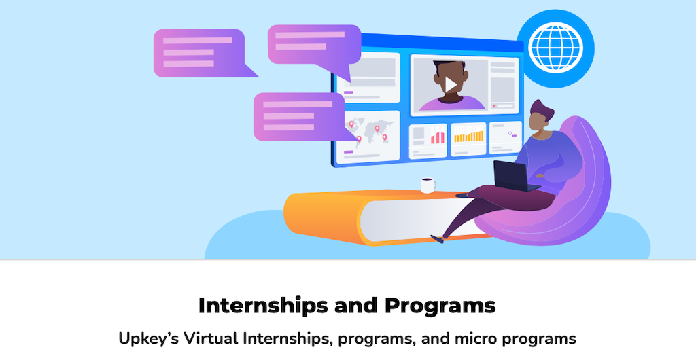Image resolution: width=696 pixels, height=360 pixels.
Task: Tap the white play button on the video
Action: point(451,84)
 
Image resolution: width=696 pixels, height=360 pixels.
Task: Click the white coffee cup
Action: point(428,185)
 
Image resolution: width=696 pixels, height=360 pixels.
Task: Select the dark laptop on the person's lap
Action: point(515,176)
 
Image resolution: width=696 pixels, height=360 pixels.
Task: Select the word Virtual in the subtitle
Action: point(212,339)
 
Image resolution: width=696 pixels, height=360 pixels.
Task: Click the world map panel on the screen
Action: point(368,136)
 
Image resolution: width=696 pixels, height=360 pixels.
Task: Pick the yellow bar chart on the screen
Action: point(468,136)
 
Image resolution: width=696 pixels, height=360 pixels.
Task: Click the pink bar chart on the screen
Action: point(437,136)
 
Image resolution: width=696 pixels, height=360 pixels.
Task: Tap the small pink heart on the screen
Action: point(494,107)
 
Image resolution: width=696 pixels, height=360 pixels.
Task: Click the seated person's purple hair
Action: point(542,109)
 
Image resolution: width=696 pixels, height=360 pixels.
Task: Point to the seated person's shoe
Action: point(437,239)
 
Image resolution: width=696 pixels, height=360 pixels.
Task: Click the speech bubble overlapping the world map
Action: point(302,116)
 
